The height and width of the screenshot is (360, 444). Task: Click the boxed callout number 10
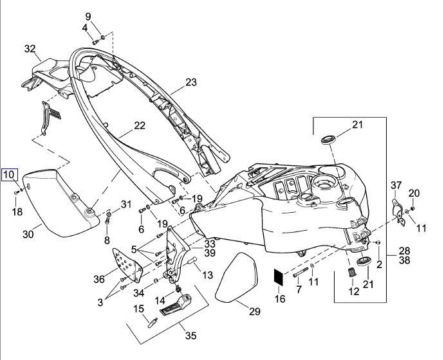(x=10, y=175)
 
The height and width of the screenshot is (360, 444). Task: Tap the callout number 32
(x=30, y=49)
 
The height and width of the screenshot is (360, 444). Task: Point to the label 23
(x=190, y=82)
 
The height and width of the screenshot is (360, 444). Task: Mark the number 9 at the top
(x=88, y=16)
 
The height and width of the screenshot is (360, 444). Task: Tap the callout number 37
(x=396, y=186)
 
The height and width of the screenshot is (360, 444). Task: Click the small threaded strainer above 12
(x=351, y=275)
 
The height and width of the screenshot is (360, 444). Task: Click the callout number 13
(x=207, y=274)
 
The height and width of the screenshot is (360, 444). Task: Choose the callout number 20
(x=414, y=193)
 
